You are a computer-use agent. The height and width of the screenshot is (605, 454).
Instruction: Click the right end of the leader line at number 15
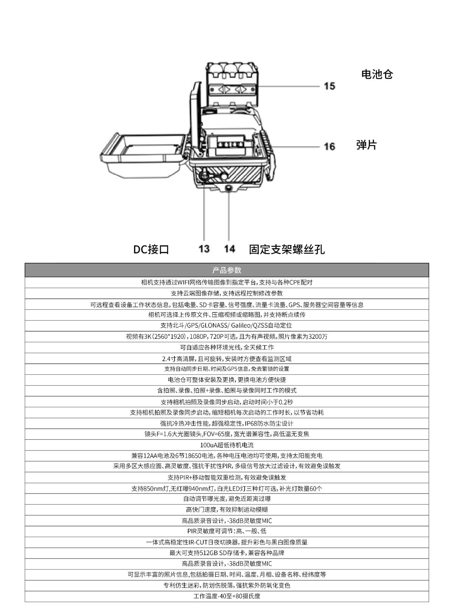[319, 86]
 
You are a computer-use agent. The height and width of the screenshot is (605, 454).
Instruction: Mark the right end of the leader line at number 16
[319, 147]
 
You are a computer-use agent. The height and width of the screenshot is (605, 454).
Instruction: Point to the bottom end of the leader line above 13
[204, 240]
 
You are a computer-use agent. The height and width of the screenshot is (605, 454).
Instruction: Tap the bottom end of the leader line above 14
[229, 240]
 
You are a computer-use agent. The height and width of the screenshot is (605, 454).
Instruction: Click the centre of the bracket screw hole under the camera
[229, 188]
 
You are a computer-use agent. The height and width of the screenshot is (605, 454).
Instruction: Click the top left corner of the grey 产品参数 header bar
[25, 263]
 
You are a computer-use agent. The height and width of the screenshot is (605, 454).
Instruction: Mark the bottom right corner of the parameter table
[429, 602]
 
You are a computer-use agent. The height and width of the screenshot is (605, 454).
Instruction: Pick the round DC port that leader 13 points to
[204, 175]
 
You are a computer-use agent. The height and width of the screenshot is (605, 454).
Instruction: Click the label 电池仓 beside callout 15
[377, 74]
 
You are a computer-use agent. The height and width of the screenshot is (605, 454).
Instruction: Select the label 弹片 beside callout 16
[367, 145]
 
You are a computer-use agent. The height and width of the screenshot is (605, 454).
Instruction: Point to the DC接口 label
[151, 250]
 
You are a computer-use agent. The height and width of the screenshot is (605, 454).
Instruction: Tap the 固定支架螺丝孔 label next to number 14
[287, 250]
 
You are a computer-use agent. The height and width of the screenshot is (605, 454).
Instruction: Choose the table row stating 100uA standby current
[227, 445]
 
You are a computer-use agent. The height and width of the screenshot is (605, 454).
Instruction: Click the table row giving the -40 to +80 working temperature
[227, 596]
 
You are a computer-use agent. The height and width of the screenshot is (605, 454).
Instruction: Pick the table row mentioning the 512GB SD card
[227, 553]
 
